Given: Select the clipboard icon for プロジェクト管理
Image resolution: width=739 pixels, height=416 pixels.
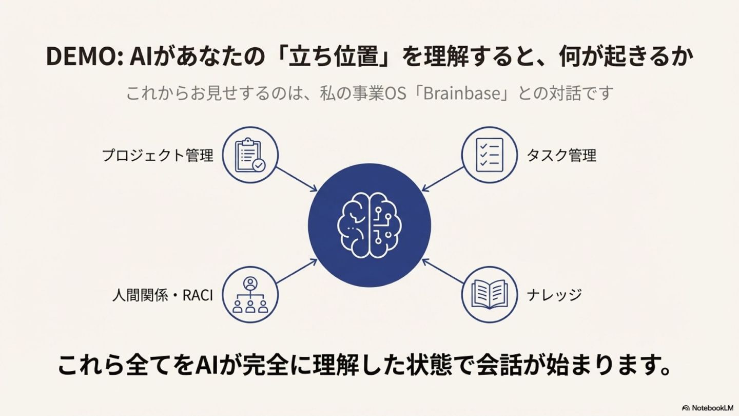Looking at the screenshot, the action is tap(250, 155).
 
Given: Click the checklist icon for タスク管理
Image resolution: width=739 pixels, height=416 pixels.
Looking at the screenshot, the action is tap(489, 155).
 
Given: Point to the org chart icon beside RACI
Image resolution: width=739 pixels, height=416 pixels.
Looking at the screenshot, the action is tap(250, 295).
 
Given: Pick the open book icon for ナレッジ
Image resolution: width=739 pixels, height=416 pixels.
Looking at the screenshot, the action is tap(489, 295).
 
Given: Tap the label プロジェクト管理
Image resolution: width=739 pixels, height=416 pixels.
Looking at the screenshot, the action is tap(157, 155).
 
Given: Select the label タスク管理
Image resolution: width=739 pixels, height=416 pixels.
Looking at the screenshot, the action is tap(562, 155).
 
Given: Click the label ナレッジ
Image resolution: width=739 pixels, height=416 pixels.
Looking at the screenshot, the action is tap(554, 295).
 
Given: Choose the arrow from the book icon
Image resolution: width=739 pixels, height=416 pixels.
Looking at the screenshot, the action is tap(442, 272).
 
